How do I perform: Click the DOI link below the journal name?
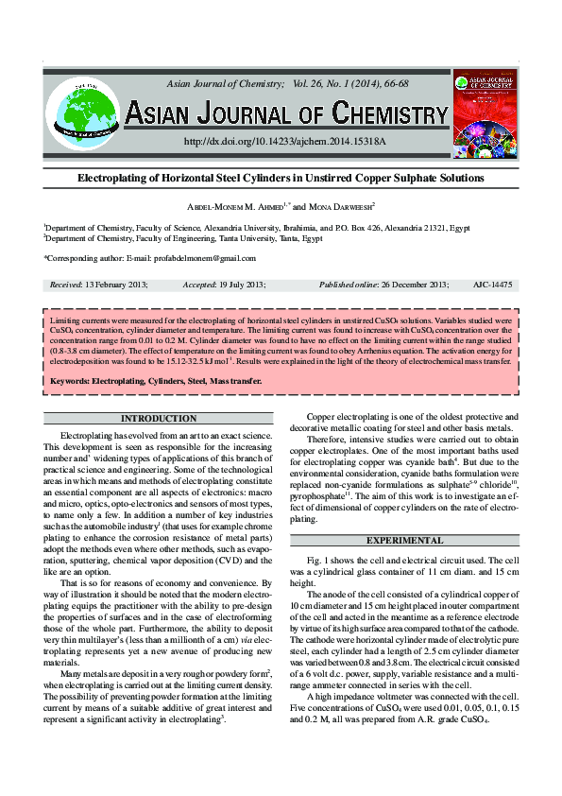point(284,141)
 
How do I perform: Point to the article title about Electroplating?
point(280,178)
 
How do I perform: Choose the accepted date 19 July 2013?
point(242,284)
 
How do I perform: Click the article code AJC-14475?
point(490,284)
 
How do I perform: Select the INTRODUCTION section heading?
point(160,418)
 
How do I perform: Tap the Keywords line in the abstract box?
point(156,381)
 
